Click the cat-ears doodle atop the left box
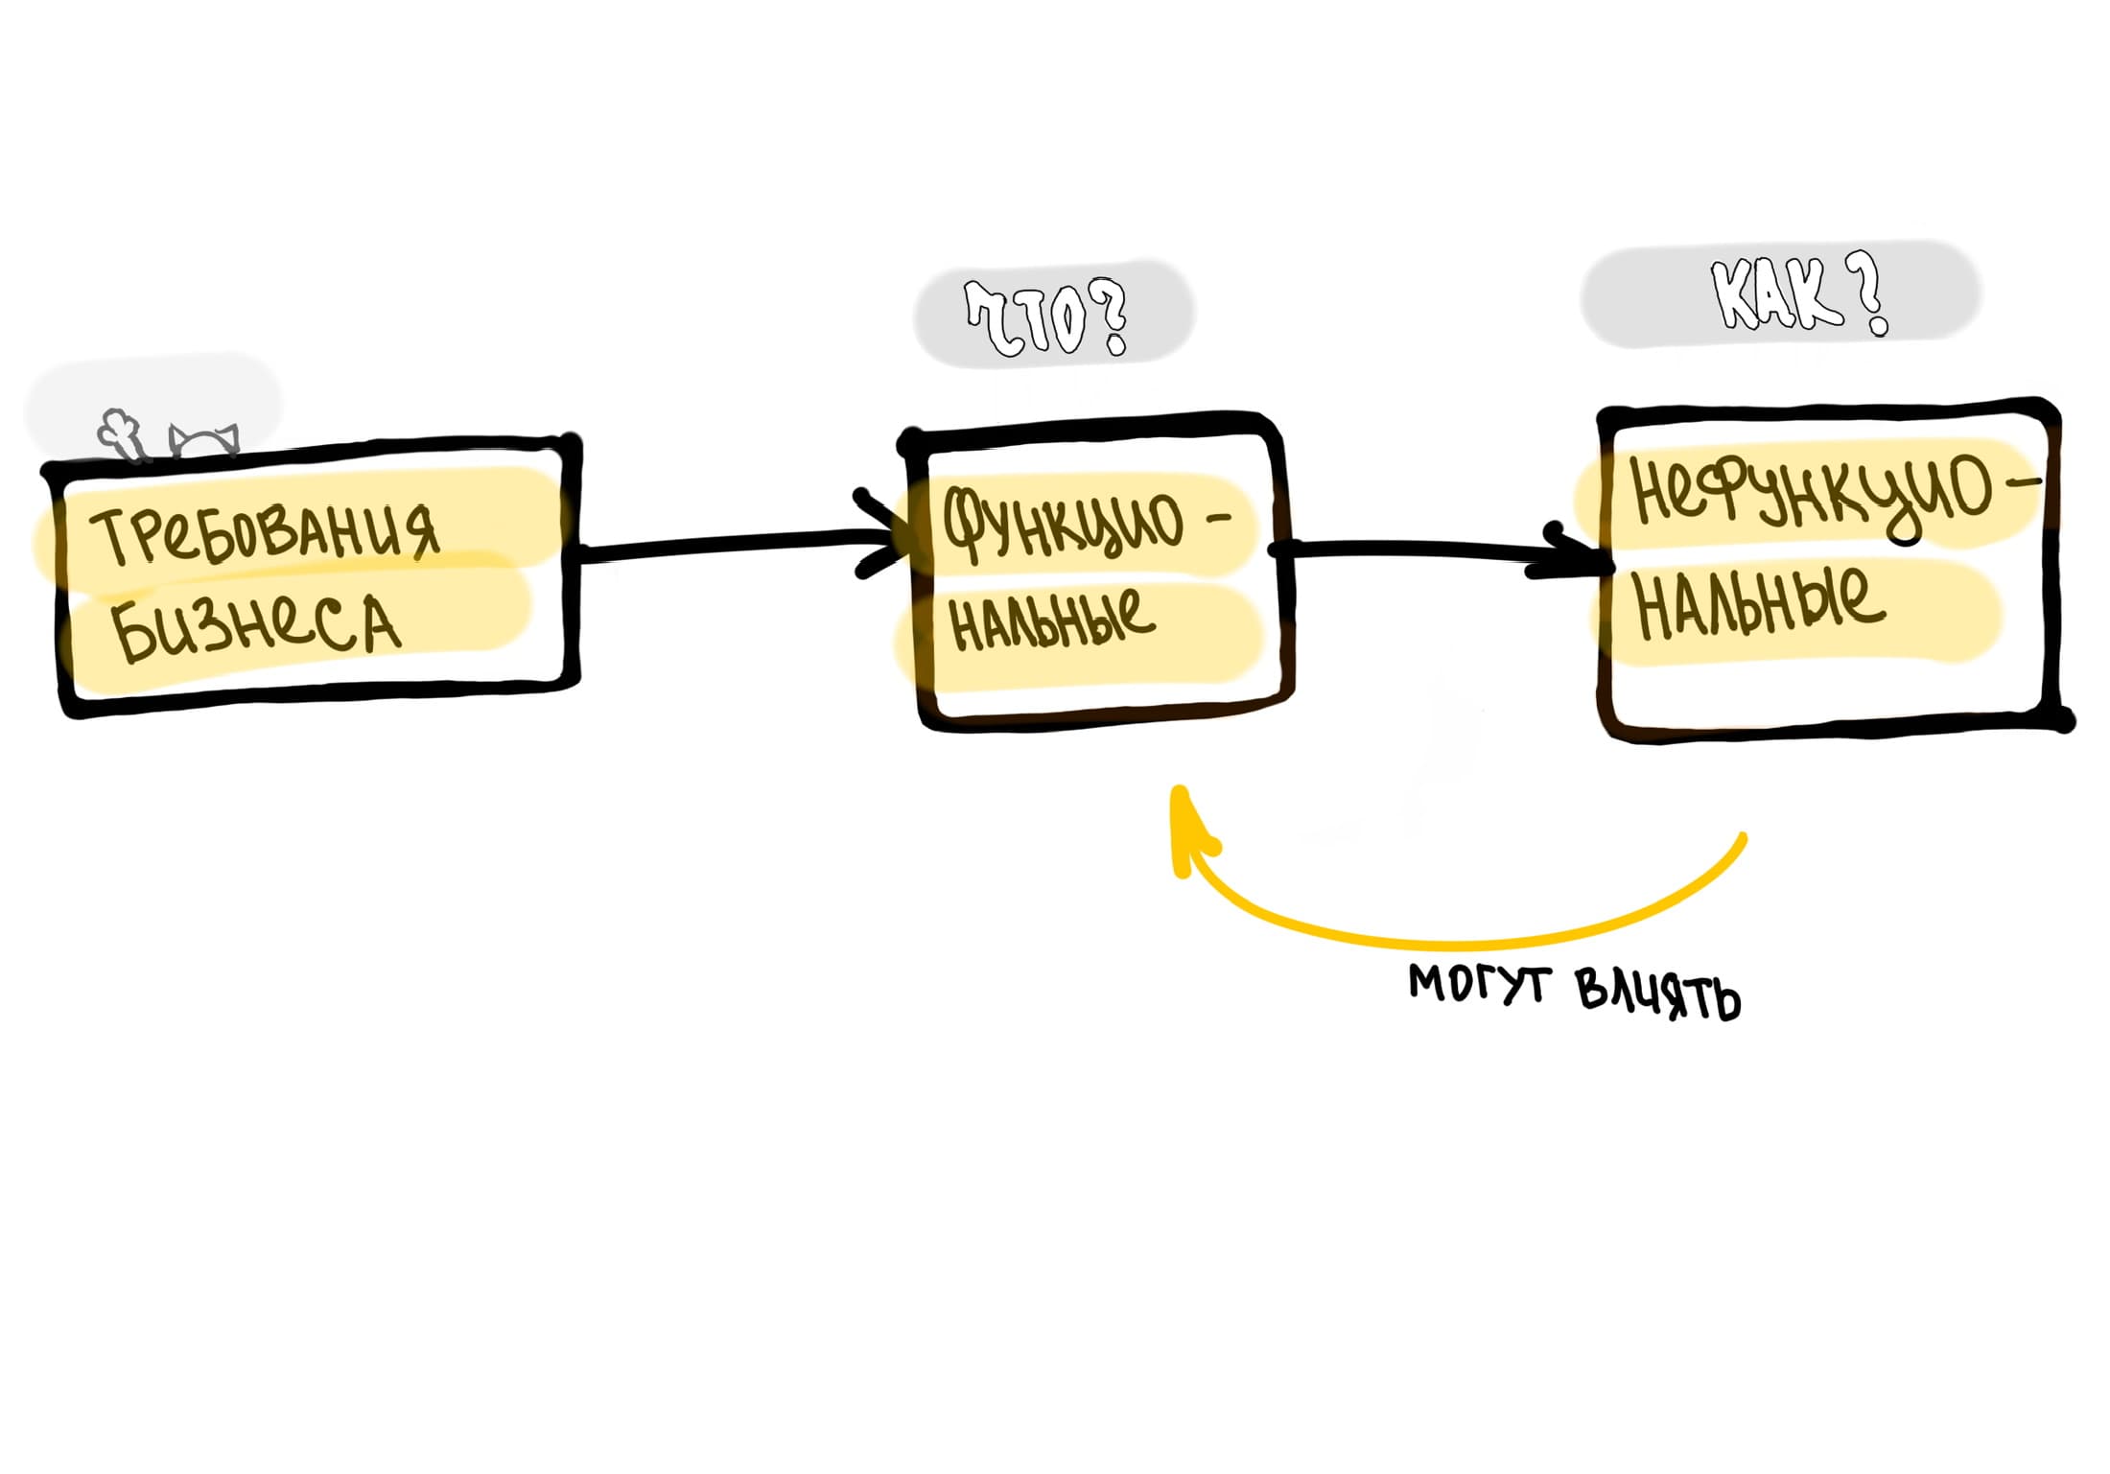click(x=204, y=439)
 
